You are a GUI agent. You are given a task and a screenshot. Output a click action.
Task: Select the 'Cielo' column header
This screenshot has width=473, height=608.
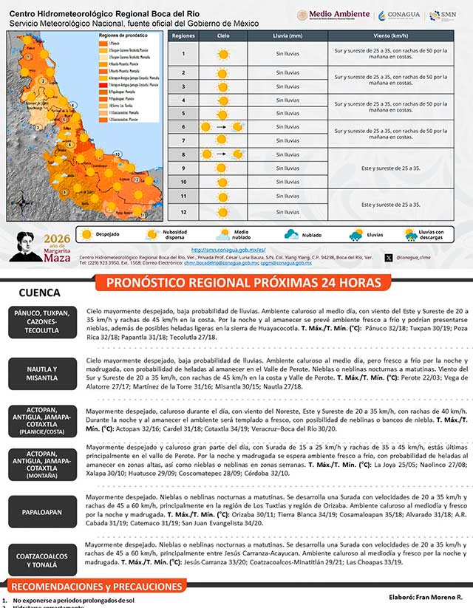click(223, 35)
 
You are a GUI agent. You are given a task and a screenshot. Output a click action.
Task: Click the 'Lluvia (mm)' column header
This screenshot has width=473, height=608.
click(287, 35)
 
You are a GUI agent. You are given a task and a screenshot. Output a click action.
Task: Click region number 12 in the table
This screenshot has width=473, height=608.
click(183, 212)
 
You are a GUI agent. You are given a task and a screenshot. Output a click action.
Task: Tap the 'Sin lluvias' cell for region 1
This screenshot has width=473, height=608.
click(287, 53)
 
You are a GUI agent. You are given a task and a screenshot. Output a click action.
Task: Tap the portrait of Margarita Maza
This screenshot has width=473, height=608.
click(30, 246)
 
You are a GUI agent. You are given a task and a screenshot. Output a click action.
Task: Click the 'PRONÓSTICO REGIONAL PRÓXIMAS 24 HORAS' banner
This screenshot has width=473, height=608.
click(244, 283)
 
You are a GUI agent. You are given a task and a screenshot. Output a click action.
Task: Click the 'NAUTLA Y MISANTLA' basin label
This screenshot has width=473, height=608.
click(41, 373)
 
